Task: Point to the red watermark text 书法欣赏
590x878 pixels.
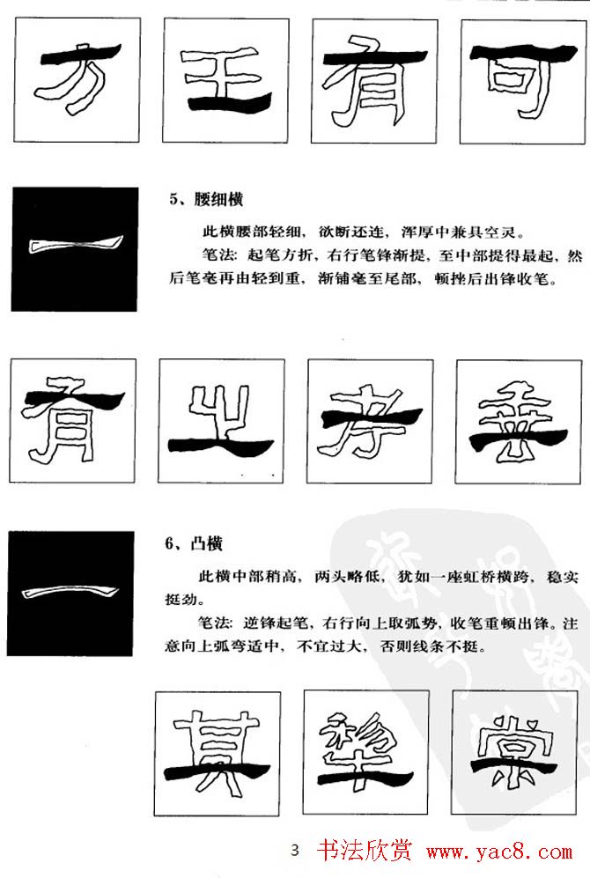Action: click(x=365, y=852)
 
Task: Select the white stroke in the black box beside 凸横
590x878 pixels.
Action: click(x=75, y=596)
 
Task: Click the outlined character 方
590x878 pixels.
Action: click(x=74, y=79)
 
